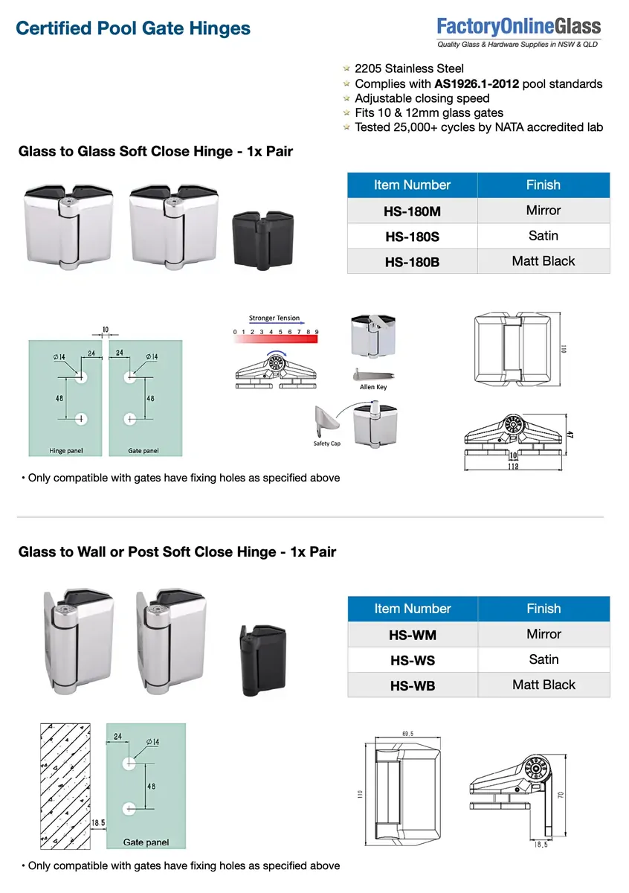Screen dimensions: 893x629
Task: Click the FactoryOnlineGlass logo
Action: (x=518, y=33)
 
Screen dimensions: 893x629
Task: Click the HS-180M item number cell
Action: (x=412, y=211)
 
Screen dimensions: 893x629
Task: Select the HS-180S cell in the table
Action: (x=412, y=237)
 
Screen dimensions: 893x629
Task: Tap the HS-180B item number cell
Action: (x=412, y=262)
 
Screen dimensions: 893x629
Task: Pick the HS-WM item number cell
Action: (x=412, y=635)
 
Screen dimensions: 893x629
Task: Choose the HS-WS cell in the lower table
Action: (x=412, y=660)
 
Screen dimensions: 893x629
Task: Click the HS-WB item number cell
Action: (x=412, y=685)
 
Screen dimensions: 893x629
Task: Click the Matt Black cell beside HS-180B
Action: (x=543, y=261)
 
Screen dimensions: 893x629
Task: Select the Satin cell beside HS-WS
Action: (x=543, y=659)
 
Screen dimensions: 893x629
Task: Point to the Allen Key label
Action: (x=372, y=387)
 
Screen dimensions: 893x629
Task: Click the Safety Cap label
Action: (x=326, y=444)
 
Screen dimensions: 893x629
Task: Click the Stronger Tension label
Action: (x=274, y=319)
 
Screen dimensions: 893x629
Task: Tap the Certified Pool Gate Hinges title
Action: (x=133, y=29)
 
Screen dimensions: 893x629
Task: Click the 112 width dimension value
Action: (x=512, y=466)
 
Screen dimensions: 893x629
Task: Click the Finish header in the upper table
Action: (x=543, y=185)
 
